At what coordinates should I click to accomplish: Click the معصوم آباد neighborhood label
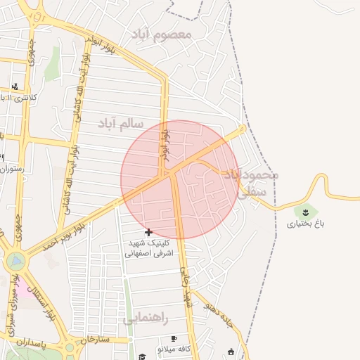(160, 33)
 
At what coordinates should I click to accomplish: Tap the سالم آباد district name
(121, 124)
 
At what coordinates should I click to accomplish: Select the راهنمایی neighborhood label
(146, 318)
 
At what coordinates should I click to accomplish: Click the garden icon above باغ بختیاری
(306, 211)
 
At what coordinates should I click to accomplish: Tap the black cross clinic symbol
(148, 232)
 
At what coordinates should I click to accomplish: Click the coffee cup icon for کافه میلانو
(174, 338)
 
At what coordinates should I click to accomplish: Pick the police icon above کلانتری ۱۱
(15, 86)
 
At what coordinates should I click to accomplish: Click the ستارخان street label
(96, 340)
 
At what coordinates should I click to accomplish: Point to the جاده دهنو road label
(219, 309)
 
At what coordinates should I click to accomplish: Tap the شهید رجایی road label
(186, 288)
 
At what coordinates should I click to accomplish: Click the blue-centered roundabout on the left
(15, 262)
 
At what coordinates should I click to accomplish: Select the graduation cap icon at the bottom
(143, 356)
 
